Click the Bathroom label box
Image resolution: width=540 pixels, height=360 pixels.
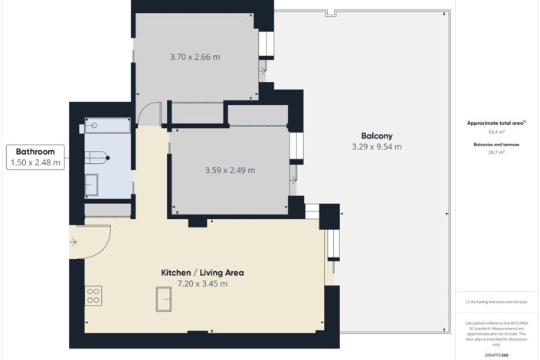(x=35, y=157)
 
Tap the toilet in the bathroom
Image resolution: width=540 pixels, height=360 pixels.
(x=97, y=157)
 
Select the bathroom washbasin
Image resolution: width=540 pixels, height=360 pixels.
(x=91, y=185)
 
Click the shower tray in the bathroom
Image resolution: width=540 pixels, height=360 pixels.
(x=107, y=125)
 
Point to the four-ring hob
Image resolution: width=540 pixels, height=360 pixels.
(x=93, y=296)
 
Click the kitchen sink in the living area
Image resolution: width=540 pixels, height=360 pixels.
(x=164, y=298)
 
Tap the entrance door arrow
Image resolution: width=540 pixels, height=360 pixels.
(x=74, y=243)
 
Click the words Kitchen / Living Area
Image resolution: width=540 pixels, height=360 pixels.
(x=202, y=272)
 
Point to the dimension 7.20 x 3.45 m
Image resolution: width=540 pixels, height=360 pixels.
(x=202, y=283)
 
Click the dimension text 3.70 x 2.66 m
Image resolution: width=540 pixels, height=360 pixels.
(x=195, y=57)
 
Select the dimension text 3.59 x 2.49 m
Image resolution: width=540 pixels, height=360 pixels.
(x=230, y=170)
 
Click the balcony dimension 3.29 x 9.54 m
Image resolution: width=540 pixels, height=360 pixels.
(x=377, y=146)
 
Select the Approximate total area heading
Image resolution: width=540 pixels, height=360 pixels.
(x=496, y=123)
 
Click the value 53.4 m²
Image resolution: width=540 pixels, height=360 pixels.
(x=496, y=132)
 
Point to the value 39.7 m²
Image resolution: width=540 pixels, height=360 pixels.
(x=496, y=152)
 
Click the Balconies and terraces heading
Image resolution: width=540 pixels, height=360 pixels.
(x=496, y=143)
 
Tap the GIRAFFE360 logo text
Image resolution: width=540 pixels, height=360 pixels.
(x=496, y=355)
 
